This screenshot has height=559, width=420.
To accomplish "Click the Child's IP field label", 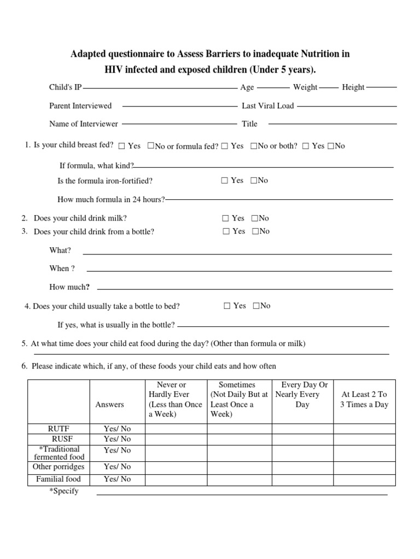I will coord(65,87).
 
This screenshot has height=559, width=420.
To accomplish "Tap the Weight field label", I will coord(305,87).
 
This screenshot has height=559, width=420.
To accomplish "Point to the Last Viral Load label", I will coord(267,106).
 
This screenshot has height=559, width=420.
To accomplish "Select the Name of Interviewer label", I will coord(84,124).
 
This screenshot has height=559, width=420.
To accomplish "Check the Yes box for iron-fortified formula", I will coord(225,181).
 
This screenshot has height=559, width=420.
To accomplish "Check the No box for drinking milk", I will coord(254,218).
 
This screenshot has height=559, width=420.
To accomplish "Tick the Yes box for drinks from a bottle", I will coord(226,231).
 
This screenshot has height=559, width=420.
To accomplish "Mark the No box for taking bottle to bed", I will coord(256,306).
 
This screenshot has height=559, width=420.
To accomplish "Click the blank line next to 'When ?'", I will coord(239,270).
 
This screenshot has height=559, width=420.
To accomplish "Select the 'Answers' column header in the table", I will coord(110,405).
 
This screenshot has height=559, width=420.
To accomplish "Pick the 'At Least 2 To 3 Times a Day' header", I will coord(364,400).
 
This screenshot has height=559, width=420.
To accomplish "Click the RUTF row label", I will coord(59,429).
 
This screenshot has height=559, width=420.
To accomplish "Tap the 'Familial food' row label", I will coord(59,479).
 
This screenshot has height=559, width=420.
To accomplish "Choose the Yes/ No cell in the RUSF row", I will coord(118,439).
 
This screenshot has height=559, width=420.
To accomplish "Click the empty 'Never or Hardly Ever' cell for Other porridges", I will coord(176,467).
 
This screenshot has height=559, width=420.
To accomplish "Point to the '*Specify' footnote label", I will coord(64,491).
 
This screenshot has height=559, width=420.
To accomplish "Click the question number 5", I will coord(25,344).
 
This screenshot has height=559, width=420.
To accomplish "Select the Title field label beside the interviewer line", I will coord(249,124).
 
